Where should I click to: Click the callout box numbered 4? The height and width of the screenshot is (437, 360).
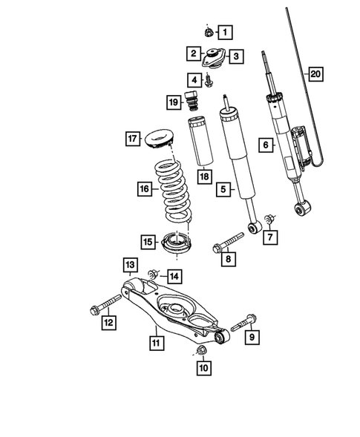pyautogui.click(x=194, y=79)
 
